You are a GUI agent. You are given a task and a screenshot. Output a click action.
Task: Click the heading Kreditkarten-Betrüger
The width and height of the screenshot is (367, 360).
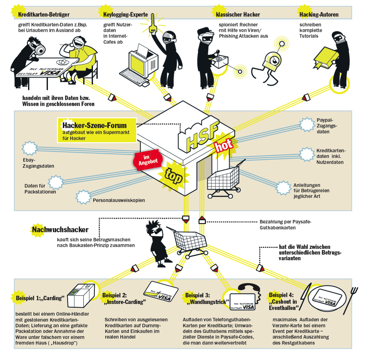[44, 14]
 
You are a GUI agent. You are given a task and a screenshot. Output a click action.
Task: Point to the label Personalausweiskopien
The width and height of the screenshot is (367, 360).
[119, 200]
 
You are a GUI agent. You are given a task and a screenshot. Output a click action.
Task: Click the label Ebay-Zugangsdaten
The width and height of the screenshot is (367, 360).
[38, 163]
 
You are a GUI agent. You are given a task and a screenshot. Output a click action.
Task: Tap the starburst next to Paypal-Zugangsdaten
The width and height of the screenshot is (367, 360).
[307, 125]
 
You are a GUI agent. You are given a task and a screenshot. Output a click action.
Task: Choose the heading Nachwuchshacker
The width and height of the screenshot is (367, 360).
[60, 230]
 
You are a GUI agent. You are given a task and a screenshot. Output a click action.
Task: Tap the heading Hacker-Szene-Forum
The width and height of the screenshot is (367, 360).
[94, 125]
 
